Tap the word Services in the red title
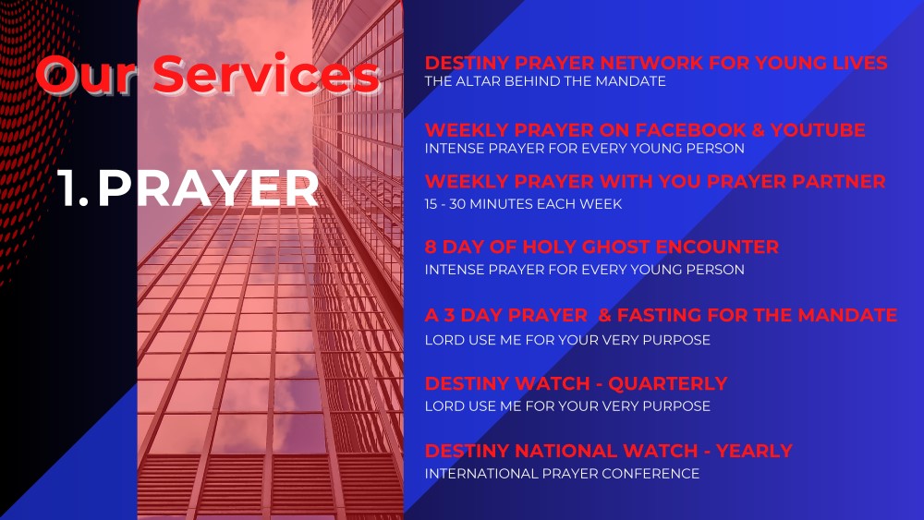coord(266,74)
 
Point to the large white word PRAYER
coord(208,188)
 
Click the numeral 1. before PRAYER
coord(73,188)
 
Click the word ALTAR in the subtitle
coord(478,81)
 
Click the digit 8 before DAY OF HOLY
coord(431,247)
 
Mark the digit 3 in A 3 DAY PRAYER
coord(450,315)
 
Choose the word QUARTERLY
coord(668,383)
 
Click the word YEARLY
coord(754,451)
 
